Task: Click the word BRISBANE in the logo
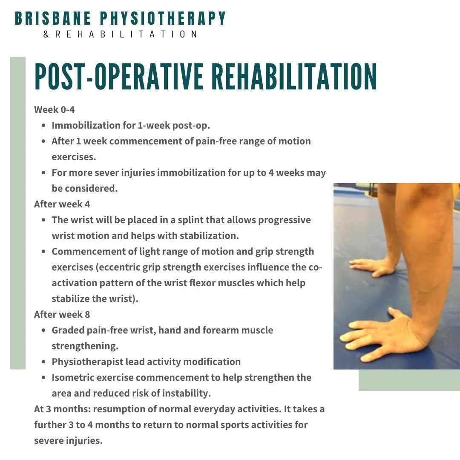[x=53, y=18]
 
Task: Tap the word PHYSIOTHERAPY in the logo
[x=163, y=18]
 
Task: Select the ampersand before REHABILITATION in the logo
[x=46, y=34]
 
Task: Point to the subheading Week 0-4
[x=54, y=109]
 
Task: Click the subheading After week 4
[x=62, y=204]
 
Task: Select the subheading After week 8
[x=62, y=314]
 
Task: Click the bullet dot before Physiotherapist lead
[x=44, y=362]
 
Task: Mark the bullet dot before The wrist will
[x=44, y=220]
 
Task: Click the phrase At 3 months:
[x=62, y=409]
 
